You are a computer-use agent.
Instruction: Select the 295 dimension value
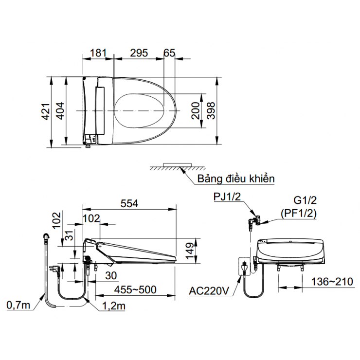coord(139,53)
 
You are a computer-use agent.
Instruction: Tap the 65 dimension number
coord(169,53)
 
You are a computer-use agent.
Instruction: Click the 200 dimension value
coord(195,111)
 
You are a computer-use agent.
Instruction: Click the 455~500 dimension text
coord(135,290)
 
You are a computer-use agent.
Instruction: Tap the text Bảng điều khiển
coord(235,179)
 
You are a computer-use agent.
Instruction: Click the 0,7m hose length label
coord(18,305)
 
